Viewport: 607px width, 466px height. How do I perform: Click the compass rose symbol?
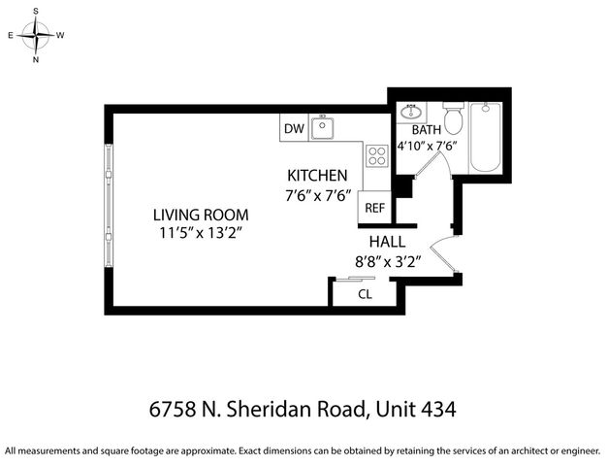37,35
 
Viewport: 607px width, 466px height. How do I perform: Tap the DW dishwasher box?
293,129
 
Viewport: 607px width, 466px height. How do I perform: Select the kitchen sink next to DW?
323,128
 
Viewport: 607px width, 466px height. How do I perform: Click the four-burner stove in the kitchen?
376,155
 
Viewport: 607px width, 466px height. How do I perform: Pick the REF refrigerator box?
375,207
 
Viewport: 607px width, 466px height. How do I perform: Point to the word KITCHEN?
316,176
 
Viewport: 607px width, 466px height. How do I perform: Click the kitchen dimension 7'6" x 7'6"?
316,194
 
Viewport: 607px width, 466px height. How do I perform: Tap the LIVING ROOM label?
201,215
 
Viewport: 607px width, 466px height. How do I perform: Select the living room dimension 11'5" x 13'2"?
201,233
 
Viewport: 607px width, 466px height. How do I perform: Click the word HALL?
387,242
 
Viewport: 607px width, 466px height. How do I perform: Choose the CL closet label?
366,293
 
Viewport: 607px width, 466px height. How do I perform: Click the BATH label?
427,129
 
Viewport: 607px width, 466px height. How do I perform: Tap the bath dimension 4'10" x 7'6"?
427,148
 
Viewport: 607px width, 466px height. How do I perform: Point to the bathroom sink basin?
410,110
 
